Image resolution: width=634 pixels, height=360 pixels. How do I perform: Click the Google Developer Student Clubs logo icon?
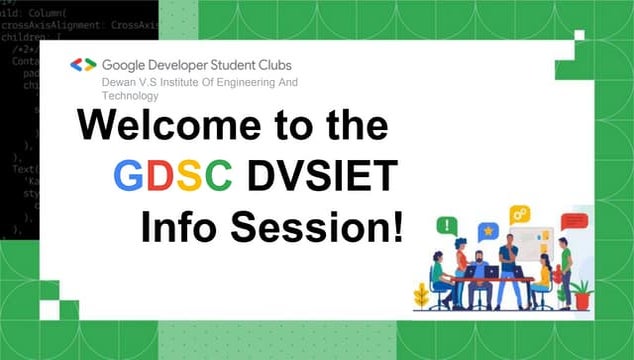click(x=83, y=64)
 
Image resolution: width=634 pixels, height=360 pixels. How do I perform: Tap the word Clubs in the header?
click(x=306, y=64)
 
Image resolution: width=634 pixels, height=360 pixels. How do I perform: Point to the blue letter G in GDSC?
click(x=131, y=177)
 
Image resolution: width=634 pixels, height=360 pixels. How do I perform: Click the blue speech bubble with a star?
click(x=487, y=231)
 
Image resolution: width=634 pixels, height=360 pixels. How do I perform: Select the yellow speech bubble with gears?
click(x=519, y=214)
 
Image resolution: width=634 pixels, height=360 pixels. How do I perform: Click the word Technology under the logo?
click(x=130, y=97)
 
